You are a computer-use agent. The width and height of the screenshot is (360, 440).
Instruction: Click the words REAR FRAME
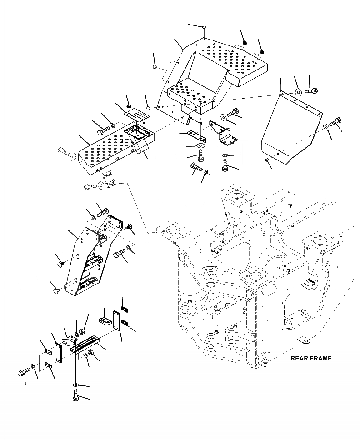click(x=311, y=358)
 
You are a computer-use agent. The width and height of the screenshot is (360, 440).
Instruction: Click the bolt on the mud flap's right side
click(x=336, y=122)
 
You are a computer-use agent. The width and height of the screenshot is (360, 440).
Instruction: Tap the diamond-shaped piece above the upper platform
click(x=204, y=28)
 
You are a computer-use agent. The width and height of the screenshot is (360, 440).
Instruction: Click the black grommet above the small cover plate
click(x=129, y=106)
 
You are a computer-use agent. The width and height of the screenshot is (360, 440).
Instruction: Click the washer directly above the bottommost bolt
click(x=75, y=385)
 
